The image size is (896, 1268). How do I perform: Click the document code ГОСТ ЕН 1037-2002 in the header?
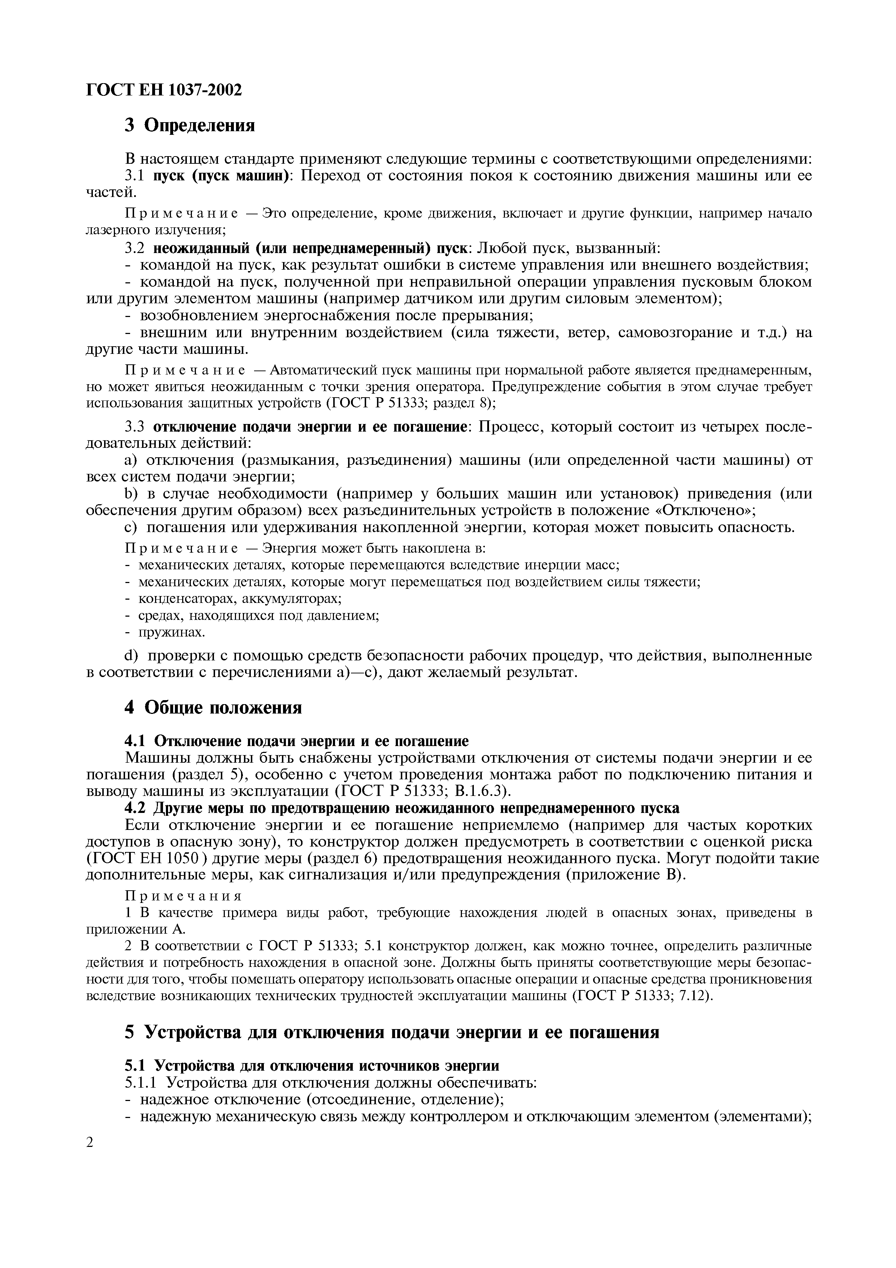[x=164, y=90]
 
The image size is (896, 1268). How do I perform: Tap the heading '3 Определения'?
[x=189, y=126]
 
